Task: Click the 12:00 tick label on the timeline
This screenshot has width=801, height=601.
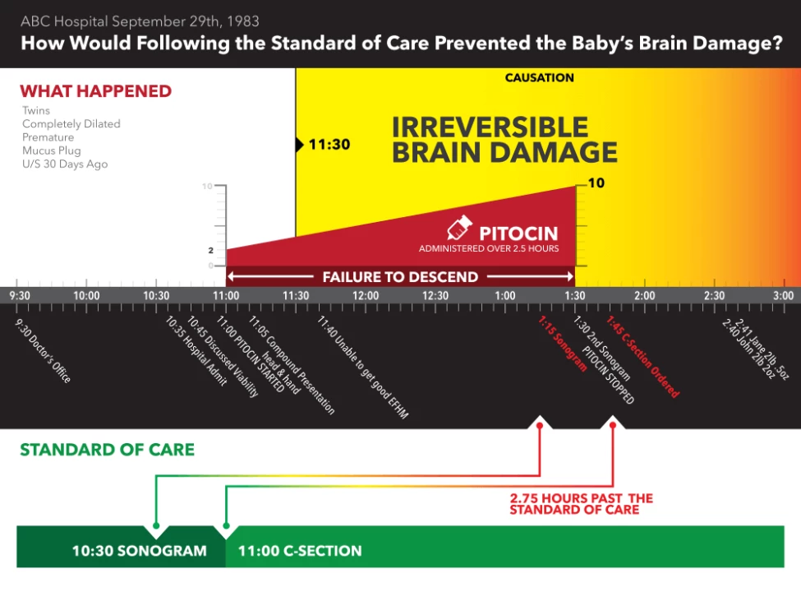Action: click(366, 296)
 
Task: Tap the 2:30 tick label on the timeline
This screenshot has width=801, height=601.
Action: click(714, 296)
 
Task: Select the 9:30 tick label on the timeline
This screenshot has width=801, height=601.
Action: click(19, 296)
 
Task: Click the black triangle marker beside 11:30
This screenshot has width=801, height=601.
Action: click(299, 146)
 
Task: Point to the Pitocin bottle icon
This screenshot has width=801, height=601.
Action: click(458, 229)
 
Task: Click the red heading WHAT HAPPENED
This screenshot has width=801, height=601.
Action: click(95, 91)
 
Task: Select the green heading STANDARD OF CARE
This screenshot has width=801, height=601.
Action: click(107, 450)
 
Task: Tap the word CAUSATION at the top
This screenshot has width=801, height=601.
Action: click(539, 78)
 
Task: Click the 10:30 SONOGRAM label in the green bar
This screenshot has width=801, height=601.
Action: click(139, 551)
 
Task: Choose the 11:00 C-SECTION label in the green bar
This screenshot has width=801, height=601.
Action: click(300, 551)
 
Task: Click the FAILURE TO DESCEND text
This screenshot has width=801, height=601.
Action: click(400, 278)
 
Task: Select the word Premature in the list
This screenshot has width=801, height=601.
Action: click(48, 137)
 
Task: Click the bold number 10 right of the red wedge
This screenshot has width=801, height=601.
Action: click(596, 183)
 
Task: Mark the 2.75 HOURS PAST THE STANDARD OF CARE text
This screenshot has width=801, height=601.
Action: click(581, 504)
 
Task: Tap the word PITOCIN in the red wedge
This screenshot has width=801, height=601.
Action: click(518, 233)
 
